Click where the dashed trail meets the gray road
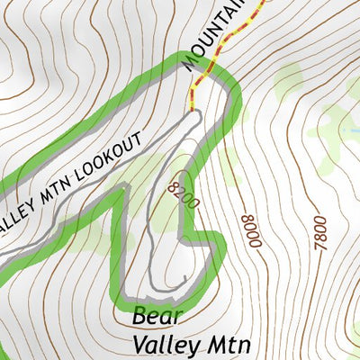point(193,112)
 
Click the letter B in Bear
point(139,318)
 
